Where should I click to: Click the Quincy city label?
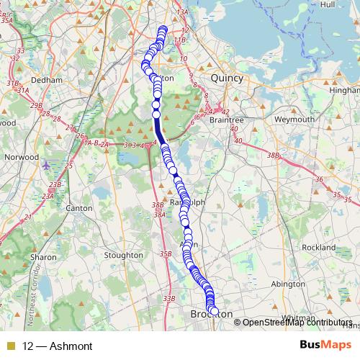[x=227, y=78]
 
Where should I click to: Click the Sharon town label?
[x=43, y=256]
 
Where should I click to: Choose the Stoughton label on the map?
[x=123, y=255]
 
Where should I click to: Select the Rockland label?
[x=319, y=247]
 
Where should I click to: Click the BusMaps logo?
[x=325, y=346]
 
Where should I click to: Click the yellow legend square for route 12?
[x=11, y=346]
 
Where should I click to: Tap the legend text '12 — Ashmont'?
[x=58, y=346]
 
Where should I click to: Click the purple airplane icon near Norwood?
[x=48, y=165]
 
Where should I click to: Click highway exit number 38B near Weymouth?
[x=272, y=155]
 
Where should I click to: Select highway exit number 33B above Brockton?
[x=169, y=298]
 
